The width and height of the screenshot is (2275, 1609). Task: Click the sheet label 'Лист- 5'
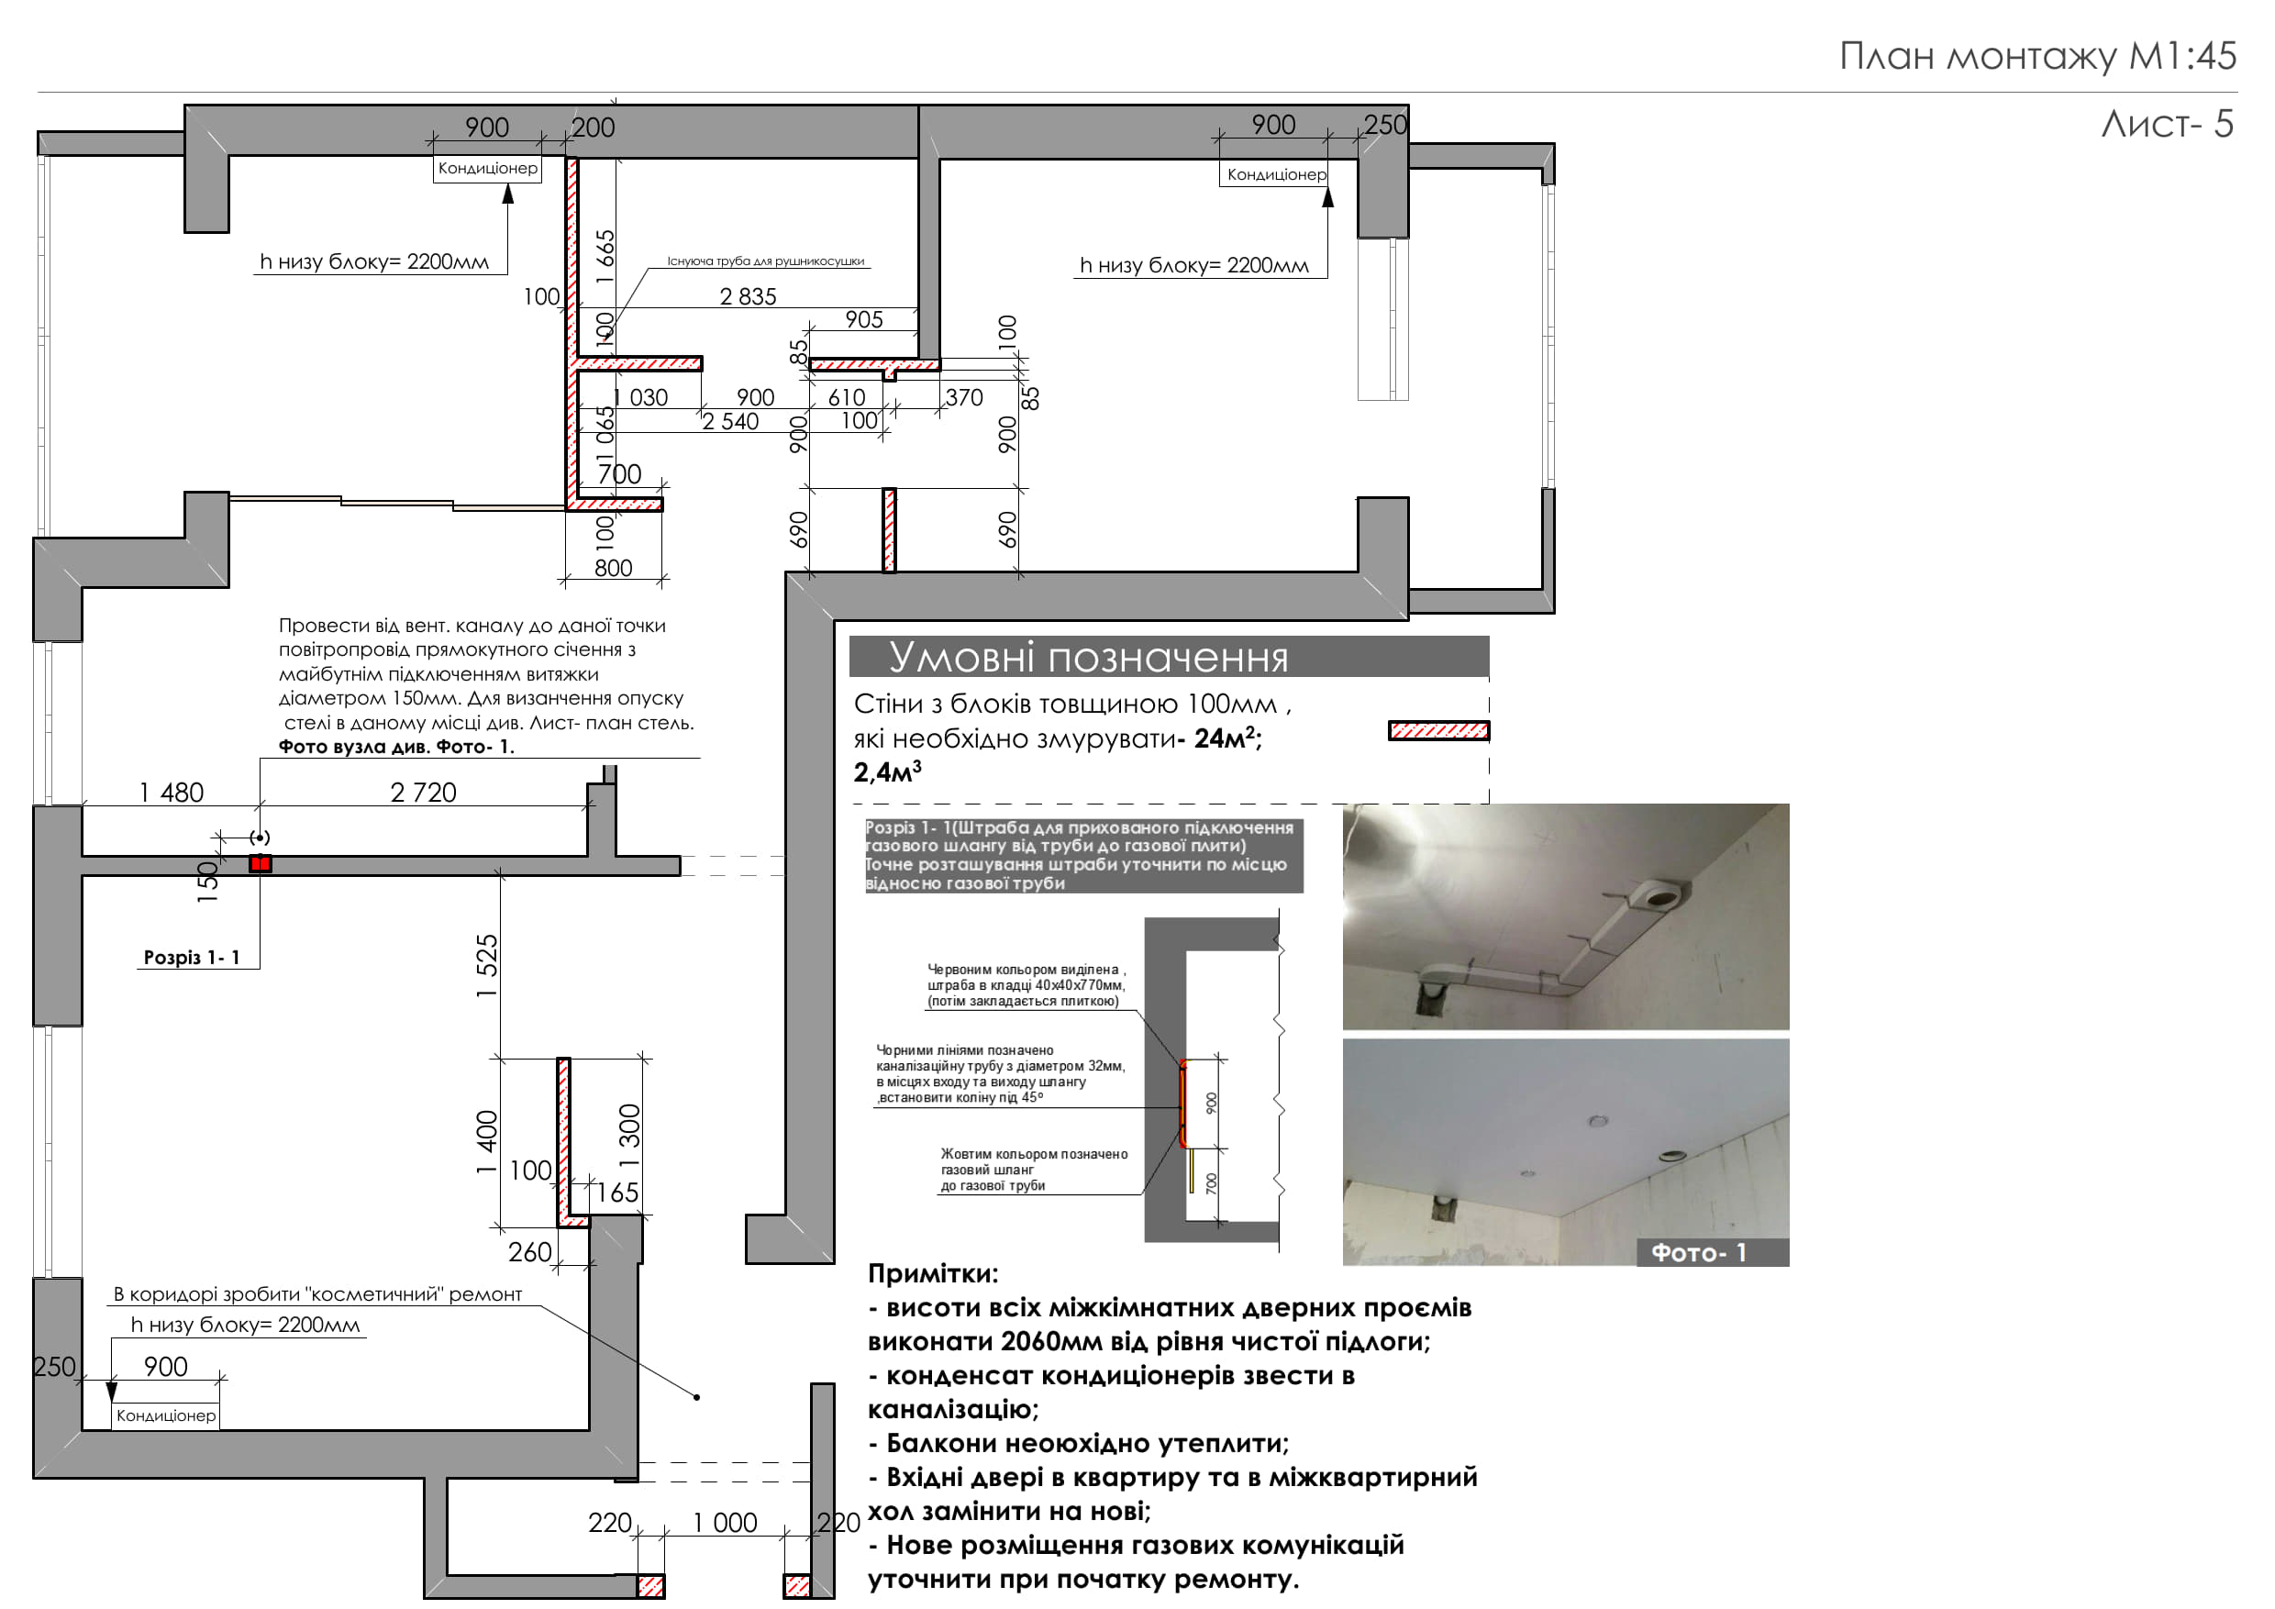pyautogui.click(x=2167, y=124)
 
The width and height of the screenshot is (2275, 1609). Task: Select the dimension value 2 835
pyautogui.click(x=749, y=296)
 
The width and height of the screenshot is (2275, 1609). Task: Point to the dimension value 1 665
pyautogui.click(x=605, y=256)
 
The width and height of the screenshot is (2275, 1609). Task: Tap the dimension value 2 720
pyautogui.click(x=423, y=793)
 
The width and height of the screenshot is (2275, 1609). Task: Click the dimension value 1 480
pyautogui.click(x=172, y=793)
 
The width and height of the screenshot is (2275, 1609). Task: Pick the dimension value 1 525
pyautogui.click(x=486, y=966)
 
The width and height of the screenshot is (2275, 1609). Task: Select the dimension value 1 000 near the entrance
pyautogui.click(x=725, y=1523)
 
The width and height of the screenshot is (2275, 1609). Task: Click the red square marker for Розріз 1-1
pyautogui.click(x=261, y=864)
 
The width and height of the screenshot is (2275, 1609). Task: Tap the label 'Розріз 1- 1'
pyautogui.click(x=191, y=957)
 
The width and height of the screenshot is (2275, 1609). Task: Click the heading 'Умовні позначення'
pyautogui.click(x=1088, y=657)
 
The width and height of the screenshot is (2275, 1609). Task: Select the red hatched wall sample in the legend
pyautogui.click(x=1438, y=731)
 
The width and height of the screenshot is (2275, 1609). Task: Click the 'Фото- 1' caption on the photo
pyautogui.click(x=1698, y=1252)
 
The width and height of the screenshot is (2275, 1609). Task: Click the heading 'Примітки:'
pyautogui.click(x=933, y=1274)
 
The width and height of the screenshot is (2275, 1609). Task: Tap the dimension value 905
pyautogui.click(x=864, y=319)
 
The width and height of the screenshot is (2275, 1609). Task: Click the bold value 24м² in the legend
pyautogui.click(x=1225, y=738)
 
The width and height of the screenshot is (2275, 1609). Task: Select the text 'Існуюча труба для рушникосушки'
pyautogui.click(x=766, y=261)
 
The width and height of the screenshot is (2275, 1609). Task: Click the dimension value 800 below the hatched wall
pyautogui.click(x=614, y=568)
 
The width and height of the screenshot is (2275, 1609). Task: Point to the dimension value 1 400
pyautogui.click(x=486, y=1142)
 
